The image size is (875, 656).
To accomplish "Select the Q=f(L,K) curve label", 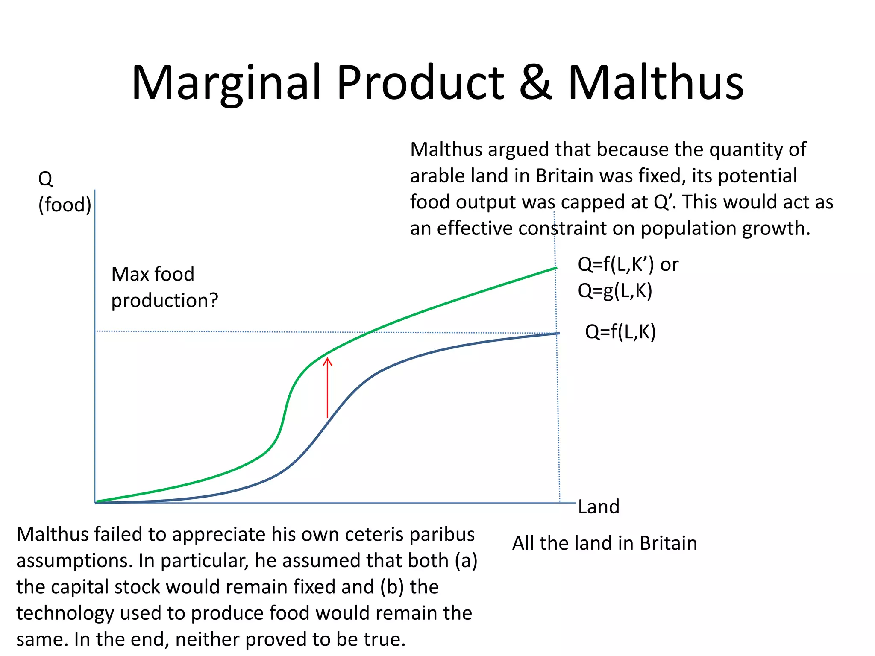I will tap(620, 332).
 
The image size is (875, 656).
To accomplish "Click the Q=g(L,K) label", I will tap(615, 291).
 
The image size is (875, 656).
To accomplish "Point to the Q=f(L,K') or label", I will tap(628, 265).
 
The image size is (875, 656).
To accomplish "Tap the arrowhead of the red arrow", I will tap(327, 362).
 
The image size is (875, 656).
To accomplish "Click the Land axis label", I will tap(598, 507).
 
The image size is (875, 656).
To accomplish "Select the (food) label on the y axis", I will tap(65, 205).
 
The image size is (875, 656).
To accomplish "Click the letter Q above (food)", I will tap(46, 179).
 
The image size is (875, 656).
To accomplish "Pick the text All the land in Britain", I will tap(604, 543).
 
